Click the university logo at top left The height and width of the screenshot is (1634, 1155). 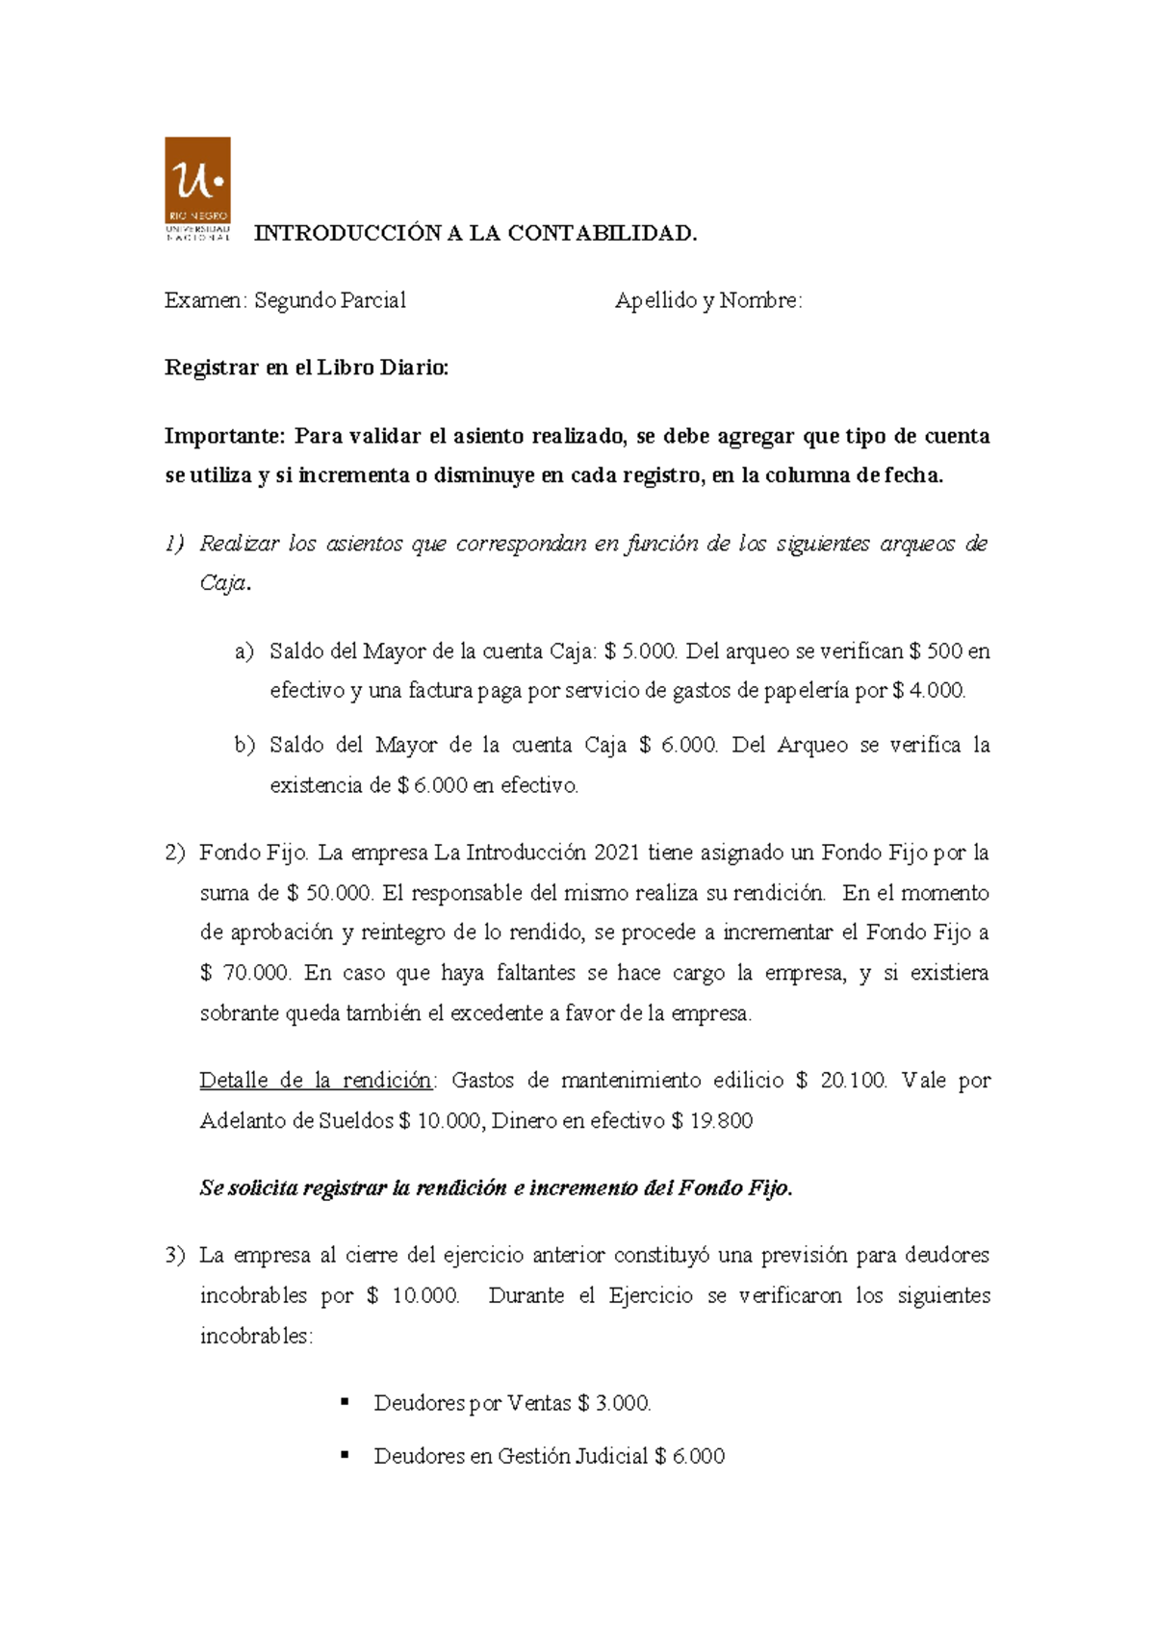pos(197,189)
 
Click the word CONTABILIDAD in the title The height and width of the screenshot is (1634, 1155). pos(602,234)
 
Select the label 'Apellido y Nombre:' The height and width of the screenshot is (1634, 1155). pos(708,301)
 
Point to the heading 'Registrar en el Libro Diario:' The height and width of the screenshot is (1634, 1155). pos(306,368)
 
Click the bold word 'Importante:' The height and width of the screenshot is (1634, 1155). pos(225,436)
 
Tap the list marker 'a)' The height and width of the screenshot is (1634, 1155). pos(244,651)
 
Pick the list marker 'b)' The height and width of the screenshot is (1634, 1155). pos(244,745)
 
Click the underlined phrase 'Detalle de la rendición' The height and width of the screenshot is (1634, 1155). pos(316,1081)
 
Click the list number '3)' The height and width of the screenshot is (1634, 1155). pos(174,1256)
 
